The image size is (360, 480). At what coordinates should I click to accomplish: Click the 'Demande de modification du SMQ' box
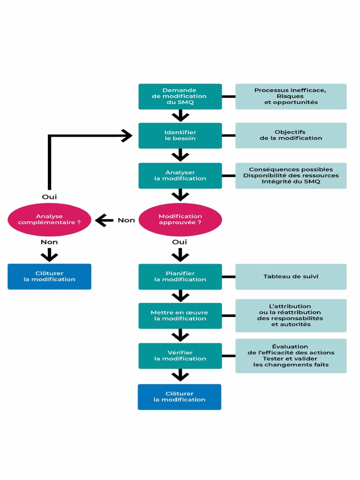[x=180, y=97]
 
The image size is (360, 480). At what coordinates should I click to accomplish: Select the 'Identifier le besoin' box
[x=180, y=135]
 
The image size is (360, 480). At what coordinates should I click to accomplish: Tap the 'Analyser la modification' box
[x=180, y=176]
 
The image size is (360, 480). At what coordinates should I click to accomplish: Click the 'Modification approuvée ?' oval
[x=180, y=219]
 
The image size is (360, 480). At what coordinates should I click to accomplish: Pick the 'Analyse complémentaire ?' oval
[x=49, y=219]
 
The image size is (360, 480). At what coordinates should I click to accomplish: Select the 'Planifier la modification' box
[x=180, y=277]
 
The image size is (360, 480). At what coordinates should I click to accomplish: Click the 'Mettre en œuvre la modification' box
[x=180, y=315]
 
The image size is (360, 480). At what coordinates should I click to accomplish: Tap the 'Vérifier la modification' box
[x=180, y=356]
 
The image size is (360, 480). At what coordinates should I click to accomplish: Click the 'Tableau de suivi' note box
[x=291, y=277]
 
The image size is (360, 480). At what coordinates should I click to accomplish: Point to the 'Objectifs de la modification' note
[x=291, y=135]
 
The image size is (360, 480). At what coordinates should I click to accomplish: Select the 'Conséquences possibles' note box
[x=291, y=176]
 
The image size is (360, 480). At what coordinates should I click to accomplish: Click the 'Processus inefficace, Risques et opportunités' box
[x=291, y=97]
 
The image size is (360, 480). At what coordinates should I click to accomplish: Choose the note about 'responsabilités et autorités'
[x=291, y=315]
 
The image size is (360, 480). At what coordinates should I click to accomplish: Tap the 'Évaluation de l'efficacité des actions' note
[x=291, y=356]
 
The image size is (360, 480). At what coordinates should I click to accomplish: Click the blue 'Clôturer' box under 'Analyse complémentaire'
[x=49, y=277]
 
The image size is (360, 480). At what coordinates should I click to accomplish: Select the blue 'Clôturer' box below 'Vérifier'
[x=180, y=397]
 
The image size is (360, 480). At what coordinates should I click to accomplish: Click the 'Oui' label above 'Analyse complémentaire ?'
[x=49, y=197]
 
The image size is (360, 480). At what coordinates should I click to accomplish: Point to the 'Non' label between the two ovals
[x=126, y=220]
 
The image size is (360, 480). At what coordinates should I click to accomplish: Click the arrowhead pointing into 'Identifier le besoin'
[x=127, y=135]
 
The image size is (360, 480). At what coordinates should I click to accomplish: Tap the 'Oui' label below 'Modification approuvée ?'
[x=180, y=242]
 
